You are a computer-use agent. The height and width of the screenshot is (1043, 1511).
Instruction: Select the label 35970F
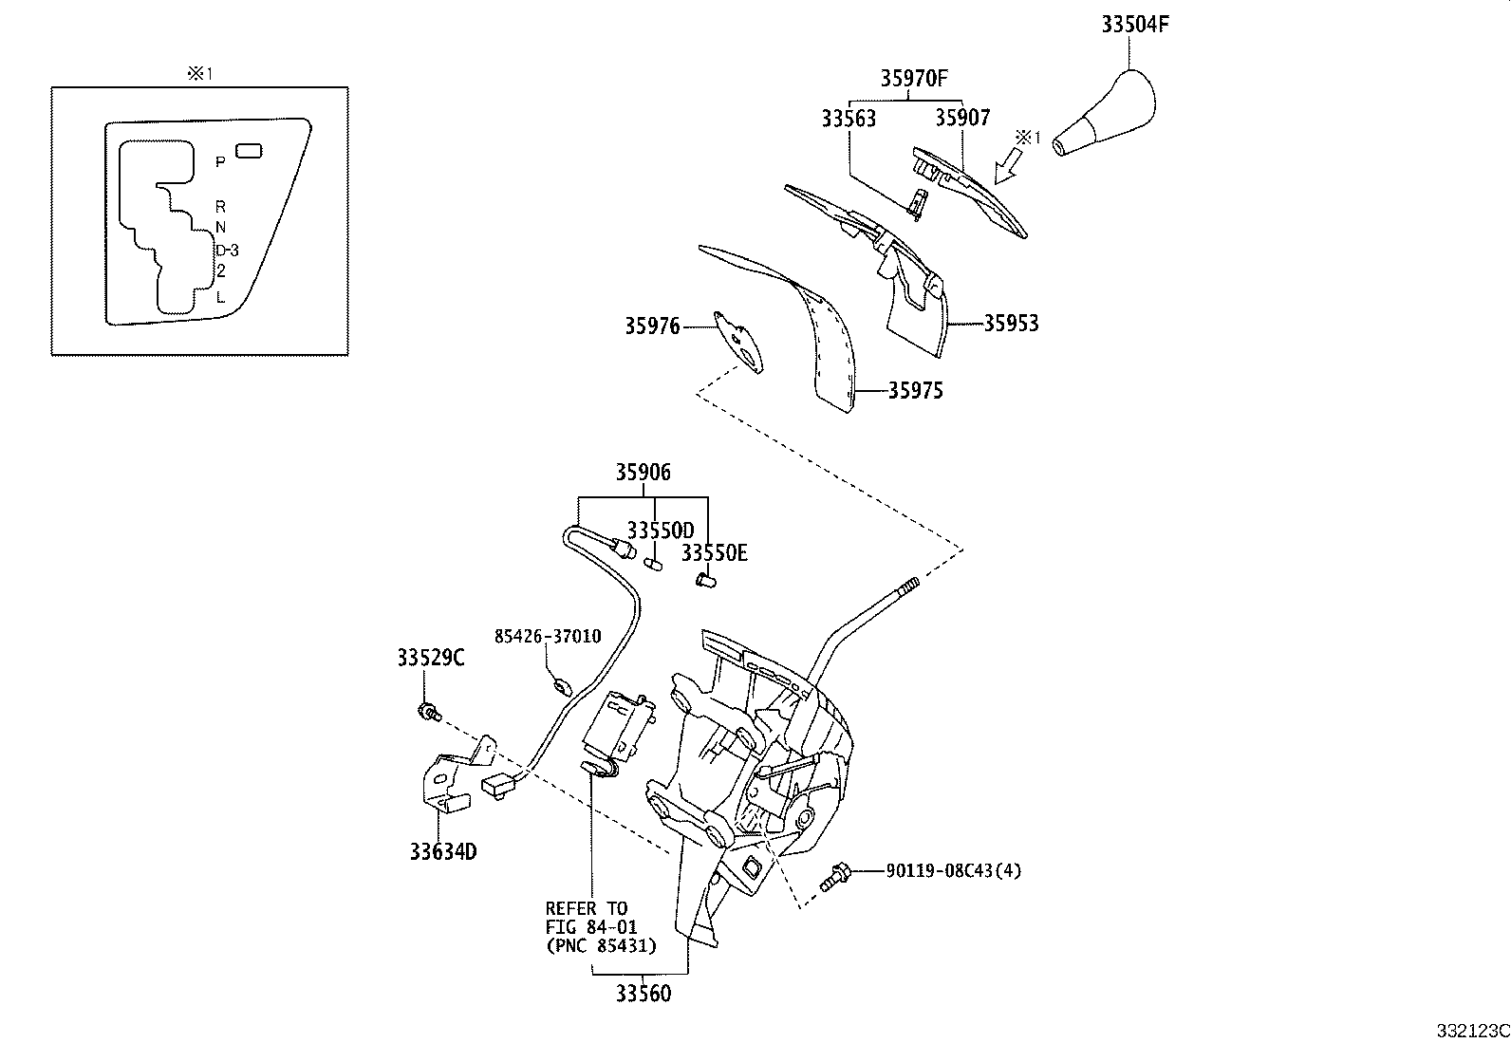914,79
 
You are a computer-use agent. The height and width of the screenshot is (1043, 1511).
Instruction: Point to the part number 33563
849,119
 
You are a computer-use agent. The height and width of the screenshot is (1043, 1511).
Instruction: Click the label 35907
961,118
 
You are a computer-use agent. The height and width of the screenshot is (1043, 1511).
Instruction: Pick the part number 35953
1010,324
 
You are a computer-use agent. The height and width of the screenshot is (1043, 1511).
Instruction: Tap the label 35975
915,391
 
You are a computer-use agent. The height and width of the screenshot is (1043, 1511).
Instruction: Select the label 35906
643,472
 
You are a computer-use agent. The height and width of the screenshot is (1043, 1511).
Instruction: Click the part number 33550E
714,552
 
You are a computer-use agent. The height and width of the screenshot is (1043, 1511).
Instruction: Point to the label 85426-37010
548,636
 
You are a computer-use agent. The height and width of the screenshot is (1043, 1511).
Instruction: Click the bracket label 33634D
443,852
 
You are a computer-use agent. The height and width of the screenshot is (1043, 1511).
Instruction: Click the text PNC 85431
602,945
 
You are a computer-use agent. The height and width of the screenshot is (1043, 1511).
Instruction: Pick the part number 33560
643,994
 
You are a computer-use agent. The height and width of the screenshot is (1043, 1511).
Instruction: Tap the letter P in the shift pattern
220,162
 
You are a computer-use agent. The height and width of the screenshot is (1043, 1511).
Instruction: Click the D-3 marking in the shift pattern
227,251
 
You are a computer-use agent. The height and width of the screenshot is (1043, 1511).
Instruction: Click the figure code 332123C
1471,1031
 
